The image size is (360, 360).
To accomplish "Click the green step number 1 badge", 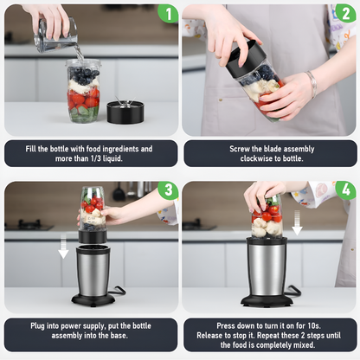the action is coord(168,13).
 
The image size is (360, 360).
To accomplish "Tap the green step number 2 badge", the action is coord(345,13).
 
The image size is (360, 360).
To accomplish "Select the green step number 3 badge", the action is coord(168,190).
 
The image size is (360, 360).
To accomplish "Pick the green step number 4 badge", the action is coord(345,190).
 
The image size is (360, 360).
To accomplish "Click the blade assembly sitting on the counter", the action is coord(125,111).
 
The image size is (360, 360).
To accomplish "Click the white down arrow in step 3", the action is coord(63,246).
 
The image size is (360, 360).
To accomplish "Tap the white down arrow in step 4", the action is coord(297,222).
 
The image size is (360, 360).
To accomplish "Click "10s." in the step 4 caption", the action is coord(314,325).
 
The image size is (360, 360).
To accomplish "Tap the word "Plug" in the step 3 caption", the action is coord(37,325).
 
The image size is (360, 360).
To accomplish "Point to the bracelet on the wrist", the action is coord(312,83).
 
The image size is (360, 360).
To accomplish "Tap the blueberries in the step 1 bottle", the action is coord(84,74).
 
